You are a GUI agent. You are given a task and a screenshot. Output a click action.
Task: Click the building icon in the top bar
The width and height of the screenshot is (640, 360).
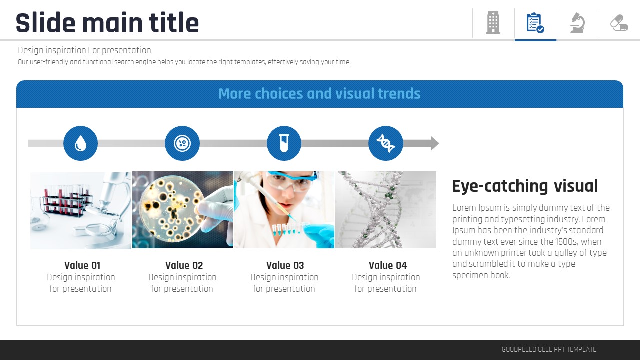[x=493, y=23]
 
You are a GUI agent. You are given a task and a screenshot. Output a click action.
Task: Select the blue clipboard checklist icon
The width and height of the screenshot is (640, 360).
[x=535, y=23]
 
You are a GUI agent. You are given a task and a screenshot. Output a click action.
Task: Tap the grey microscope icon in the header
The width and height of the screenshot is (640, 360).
[x=577, y=23]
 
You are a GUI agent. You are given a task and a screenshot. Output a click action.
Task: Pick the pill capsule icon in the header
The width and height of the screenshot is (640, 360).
[x=619, y=23]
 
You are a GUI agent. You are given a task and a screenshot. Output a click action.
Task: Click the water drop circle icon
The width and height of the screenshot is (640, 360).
[x=80, y=143]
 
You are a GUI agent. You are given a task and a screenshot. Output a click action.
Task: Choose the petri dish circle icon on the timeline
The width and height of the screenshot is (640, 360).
[x=182, y=143]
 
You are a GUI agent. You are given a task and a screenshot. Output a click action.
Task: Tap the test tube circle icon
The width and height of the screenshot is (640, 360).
[x=284, y=143]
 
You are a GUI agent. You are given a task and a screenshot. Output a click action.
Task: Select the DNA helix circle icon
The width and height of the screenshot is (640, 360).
[x=385, y=143]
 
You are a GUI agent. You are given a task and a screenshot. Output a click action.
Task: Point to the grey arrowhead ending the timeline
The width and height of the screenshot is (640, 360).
[x=435, y=143]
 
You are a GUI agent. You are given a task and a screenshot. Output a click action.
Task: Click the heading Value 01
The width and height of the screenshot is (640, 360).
[x=82, y=265]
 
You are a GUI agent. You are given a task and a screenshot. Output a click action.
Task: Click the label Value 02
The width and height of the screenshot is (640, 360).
[x=184, y=265]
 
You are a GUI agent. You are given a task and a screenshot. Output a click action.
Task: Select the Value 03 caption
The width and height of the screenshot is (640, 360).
[x=285, y=265]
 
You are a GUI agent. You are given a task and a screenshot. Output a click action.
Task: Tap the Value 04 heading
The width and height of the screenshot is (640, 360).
[x=387, y=265]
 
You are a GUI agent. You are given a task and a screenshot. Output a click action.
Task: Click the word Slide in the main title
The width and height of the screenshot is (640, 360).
[x=45, y=23]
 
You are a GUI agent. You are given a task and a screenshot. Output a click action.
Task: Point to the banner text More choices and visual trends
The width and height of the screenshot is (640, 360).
[x=319, y=93]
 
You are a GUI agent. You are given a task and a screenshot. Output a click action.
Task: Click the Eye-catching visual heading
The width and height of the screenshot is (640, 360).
[x=525, y=186]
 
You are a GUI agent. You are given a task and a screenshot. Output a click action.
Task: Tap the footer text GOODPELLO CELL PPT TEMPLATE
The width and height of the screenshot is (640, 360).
[x=549, y=349]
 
